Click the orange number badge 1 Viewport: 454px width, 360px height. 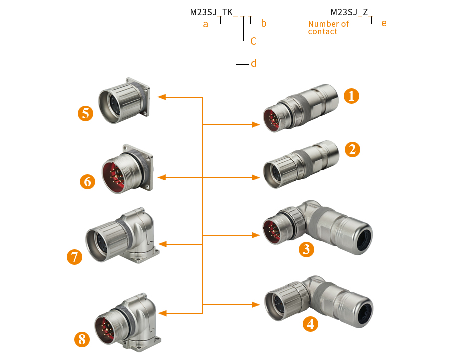pos(352,95)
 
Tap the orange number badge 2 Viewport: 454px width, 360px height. pos(352,149)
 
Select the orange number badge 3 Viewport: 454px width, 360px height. pos(306,249)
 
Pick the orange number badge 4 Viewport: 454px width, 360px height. pos(311,324)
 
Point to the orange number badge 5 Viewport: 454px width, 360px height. pos(86,113)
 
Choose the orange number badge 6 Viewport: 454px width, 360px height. pos(88,181)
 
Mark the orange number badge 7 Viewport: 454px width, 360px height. pos(74,257)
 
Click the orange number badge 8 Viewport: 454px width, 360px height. pos(82,340)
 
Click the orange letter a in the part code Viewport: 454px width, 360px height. pos(205,24)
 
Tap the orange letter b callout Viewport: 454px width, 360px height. pos(264,23)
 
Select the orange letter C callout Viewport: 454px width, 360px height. pos(253,41)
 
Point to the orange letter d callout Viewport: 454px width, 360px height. pos(253,64)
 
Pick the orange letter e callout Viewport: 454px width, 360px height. pos(383,23)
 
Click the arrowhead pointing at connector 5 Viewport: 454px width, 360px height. pos(161,97)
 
